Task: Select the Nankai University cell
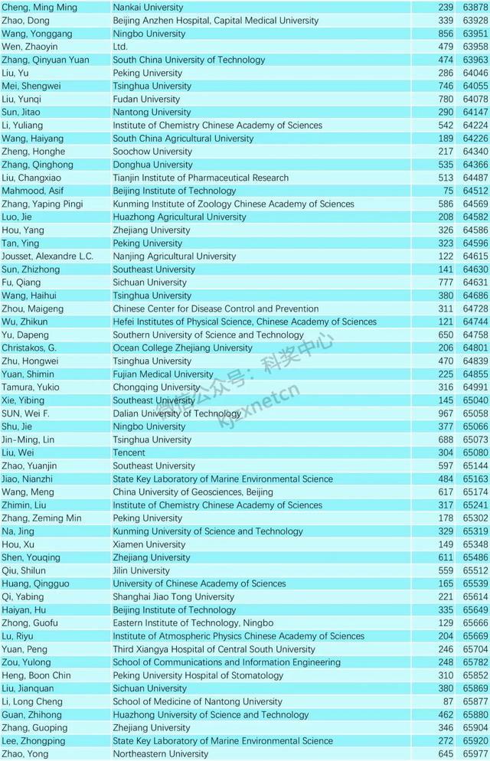(x=148, y=8)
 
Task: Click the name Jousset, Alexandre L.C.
(x=47, y=256)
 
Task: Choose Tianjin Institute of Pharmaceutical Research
(x=201, y=178)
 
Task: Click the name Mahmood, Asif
(x=32, y=191)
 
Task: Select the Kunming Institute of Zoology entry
(x=234, y=204)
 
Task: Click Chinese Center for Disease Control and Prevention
(x=215, y=309)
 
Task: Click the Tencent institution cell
(x=129, y=452)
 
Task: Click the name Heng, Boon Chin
(x=37, y=675)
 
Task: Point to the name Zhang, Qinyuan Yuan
(x=45, y=60)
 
